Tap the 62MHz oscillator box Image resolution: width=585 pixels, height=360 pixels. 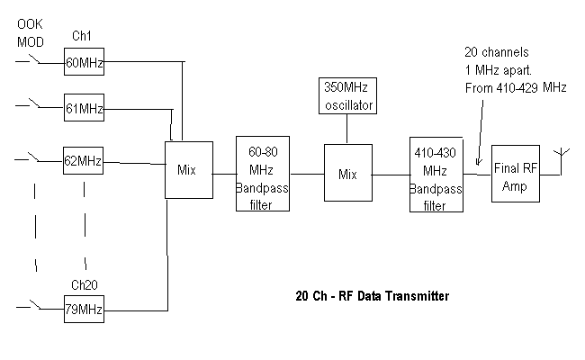(x=84, y=162)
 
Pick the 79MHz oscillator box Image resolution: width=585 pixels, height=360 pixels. (x=84, y=310)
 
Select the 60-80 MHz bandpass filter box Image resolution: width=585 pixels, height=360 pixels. (x=265, y=174)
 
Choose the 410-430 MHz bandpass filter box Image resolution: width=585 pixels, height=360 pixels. (x=436, y=174)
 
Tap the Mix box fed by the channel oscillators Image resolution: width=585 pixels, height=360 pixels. (x=188, y=169)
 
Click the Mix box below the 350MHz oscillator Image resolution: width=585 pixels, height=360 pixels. (x=347, y=173)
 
